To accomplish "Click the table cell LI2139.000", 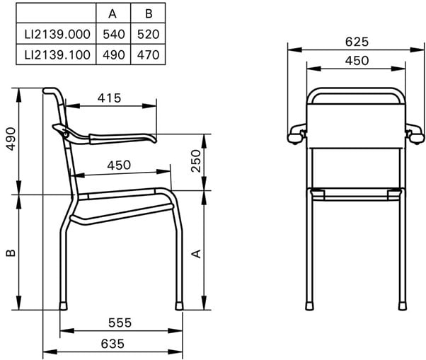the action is tap(57, 35).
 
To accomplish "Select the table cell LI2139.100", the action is tap(57, 55).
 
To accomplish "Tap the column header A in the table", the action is tap(113, 13).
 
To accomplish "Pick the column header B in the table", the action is tap(149, 13).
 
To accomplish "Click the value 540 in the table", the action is tap(114, 35).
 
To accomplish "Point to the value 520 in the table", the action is tap(149, 35).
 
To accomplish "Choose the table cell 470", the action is tap(149, 55).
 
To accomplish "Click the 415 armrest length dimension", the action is tap(109, 98).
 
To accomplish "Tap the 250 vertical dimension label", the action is tap(196, 161).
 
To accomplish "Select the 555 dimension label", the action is tap(120, 323).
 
